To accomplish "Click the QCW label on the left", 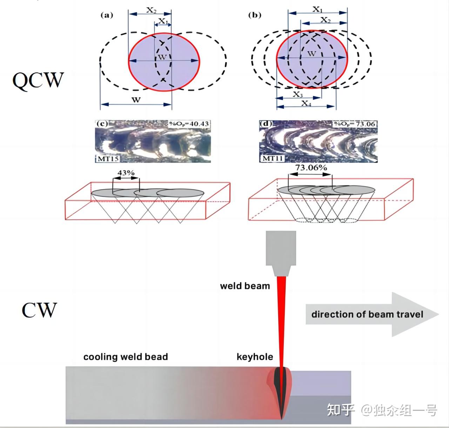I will (38, 80).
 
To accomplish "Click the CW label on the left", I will (39, 310).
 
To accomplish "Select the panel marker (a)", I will (107, 15).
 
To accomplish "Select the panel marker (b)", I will (254, 15).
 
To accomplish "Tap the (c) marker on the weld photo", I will (101, 124).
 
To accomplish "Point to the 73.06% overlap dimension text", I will (311, 167).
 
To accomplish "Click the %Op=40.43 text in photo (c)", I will (189, 124).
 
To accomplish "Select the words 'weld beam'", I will (245, 286).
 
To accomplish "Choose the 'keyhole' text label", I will (255, 357).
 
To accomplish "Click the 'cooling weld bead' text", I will (126, 357).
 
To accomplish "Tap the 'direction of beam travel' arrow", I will (372, 314).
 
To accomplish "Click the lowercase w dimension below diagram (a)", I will (136, 99).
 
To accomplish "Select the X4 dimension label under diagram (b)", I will (306, 103).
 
